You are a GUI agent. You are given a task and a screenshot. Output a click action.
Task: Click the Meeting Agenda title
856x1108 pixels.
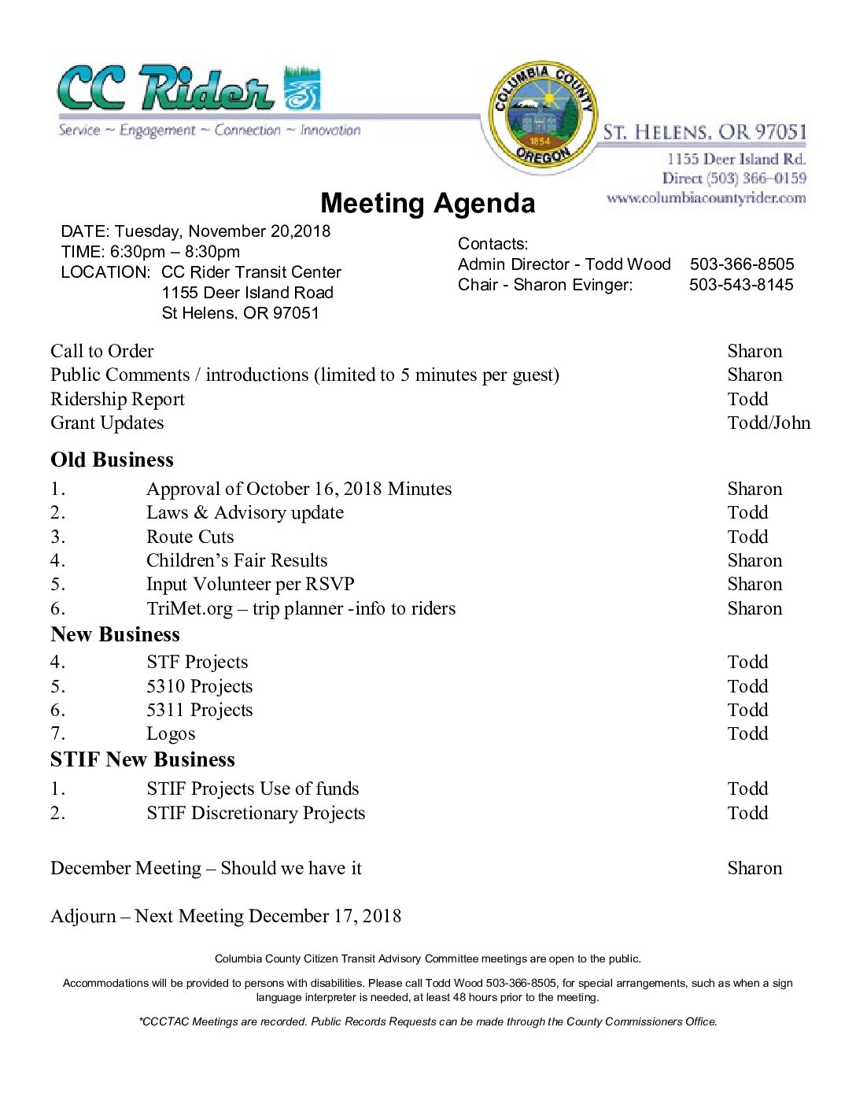pos(427,203)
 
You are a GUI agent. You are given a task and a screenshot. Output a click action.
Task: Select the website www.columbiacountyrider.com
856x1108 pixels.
pos(706,198)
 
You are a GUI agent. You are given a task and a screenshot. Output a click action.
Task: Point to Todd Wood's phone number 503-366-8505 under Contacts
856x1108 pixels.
pos(741,264)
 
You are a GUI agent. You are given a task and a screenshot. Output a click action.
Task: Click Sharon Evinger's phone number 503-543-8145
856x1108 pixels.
pos(741,285)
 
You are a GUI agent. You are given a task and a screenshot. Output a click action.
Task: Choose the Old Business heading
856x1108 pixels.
pos(112,460)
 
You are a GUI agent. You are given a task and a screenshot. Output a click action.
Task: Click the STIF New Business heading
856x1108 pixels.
pos(142,759)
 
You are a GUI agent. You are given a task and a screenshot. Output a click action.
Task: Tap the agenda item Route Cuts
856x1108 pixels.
pos(190,537)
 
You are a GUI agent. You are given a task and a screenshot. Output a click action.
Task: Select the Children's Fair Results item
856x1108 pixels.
pos(236,560)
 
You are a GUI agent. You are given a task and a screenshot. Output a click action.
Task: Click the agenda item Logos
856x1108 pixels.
pos(171,733)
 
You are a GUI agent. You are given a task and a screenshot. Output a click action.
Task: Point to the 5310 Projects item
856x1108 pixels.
pos(199,686)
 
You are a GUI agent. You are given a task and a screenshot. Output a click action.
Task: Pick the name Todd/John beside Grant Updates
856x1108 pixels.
pos(768,423)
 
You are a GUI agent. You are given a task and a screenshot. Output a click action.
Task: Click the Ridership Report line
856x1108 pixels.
pos(117,399)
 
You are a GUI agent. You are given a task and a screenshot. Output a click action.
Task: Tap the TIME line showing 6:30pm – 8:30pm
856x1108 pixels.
pos(150,252)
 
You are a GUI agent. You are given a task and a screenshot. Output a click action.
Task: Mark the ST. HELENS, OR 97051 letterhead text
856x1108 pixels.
pos(704,132)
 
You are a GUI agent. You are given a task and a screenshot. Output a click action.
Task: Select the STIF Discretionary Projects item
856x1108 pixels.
pos(255,813)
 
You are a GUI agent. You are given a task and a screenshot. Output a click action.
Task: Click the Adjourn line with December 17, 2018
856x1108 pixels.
pos(226,916)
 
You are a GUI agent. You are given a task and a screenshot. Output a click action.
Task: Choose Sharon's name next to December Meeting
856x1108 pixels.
pos(754,868)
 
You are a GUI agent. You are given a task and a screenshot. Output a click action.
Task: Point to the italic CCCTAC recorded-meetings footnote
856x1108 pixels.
pos(427,1021)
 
